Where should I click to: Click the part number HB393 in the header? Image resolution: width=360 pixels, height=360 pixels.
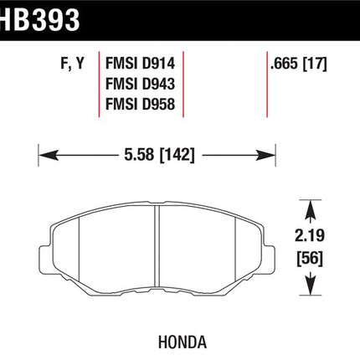39,19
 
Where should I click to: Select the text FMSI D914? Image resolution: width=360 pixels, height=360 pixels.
140,64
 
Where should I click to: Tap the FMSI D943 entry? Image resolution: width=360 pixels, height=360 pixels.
140,84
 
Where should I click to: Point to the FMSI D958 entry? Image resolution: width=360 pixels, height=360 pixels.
140,104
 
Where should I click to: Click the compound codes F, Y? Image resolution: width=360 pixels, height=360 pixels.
72,64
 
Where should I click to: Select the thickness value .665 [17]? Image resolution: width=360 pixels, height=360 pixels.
298,64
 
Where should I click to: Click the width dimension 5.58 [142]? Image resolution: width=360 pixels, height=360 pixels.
159,154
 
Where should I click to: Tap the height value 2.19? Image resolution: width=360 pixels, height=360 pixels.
310,236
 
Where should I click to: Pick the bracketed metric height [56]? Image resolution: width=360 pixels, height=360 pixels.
310,259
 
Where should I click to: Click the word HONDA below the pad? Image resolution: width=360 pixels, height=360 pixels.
183,342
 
